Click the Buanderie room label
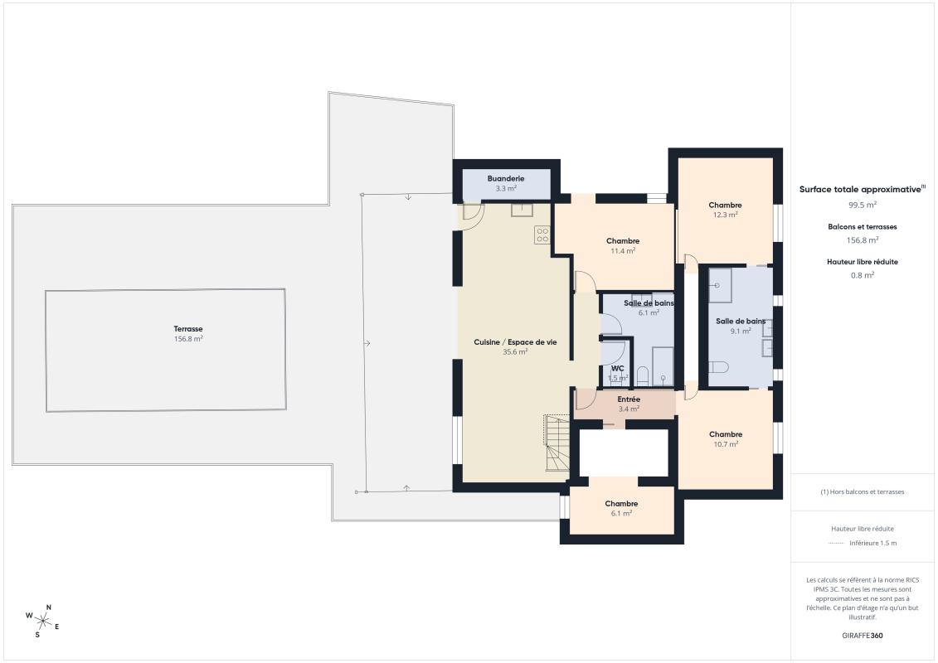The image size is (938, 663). [x=506, y=178]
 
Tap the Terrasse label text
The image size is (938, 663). [x=188, y=329]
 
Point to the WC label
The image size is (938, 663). [x=617, y=368]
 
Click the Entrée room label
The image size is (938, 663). [x=629, y=399]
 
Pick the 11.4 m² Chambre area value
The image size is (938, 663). [x=623, y=250]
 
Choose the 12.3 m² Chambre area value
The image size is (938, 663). [x=725, y=215]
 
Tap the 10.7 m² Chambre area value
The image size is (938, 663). [x=725, y=444]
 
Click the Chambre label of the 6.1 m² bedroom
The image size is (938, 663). [x=621, y=504]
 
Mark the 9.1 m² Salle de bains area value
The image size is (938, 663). [x=741, y=331]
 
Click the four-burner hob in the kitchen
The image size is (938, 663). [x=542, y=235]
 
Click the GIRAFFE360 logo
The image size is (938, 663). [x=863, y=636]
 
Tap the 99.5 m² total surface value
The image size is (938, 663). [x=863, y=204]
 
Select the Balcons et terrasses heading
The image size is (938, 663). [x=863, y=226]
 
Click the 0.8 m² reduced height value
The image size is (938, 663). [x=863, y=274]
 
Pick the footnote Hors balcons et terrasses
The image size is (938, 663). [x=863, y=491]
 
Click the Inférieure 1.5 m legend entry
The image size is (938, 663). [x=872, y=544]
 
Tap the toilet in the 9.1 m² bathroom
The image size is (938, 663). [x=719, y=366]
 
